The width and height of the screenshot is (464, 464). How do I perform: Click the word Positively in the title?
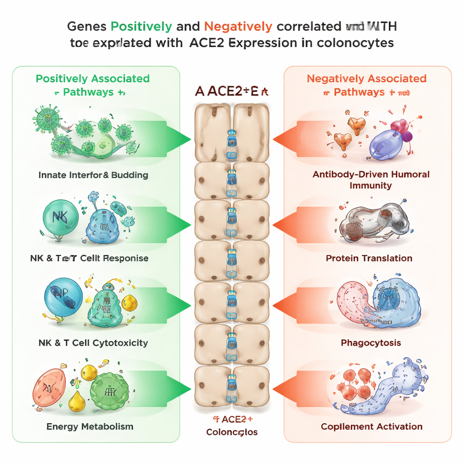coord(141,26)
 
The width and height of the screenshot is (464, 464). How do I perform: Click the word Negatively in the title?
coord(238,26)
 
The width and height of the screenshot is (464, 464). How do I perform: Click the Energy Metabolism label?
coord(90,426)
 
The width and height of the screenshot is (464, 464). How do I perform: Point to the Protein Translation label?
coord(369,258)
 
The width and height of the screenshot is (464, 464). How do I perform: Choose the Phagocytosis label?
coord(371,343)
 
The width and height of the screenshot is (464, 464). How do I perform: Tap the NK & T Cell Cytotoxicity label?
coord(93,343)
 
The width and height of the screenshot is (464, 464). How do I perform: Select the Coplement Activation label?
coord(372,426)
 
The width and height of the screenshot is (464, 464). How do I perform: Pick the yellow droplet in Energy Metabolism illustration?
coord(77,400)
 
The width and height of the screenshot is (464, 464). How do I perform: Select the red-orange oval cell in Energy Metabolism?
coord(49,387)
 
